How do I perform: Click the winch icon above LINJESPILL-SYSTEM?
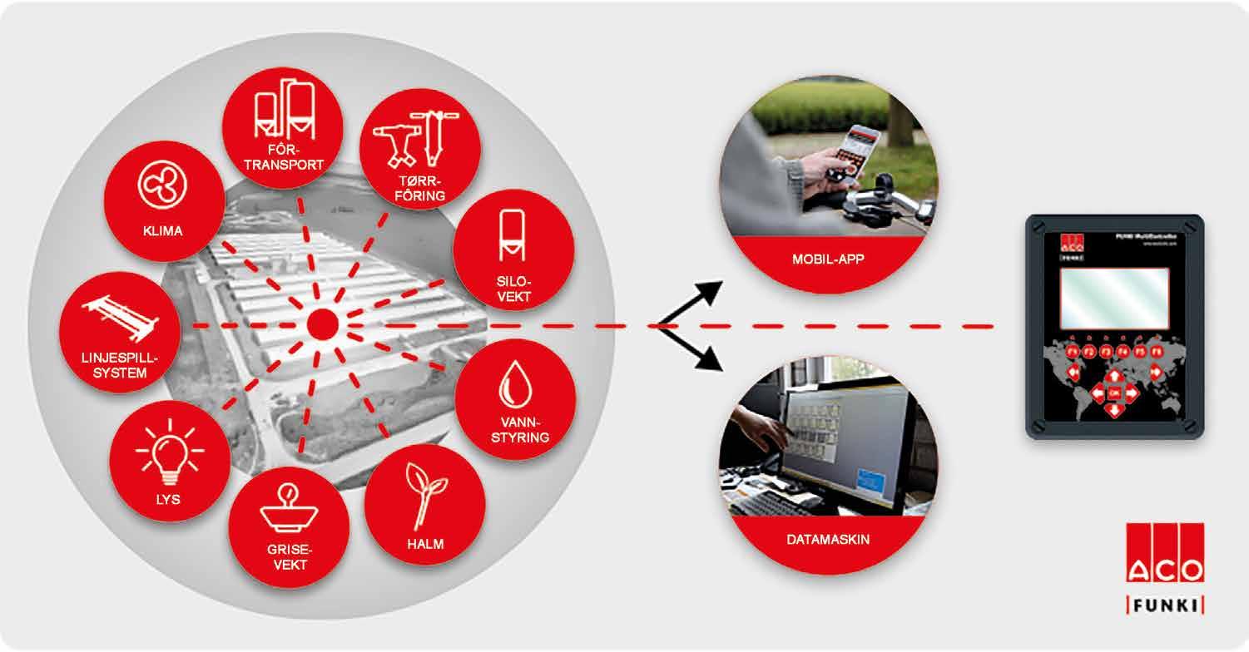119,319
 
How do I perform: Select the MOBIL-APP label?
828,259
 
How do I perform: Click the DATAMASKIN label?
828,540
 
